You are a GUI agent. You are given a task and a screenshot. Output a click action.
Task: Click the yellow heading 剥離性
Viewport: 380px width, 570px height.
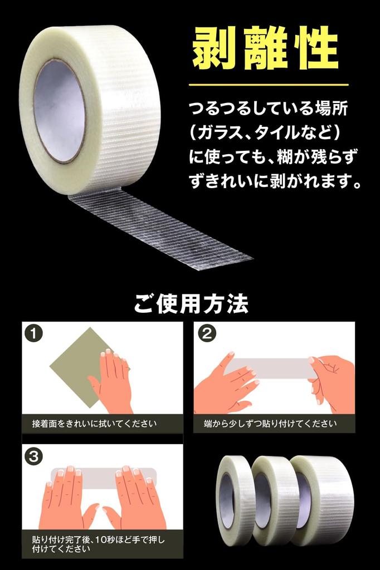pyautogui.click(x=265, y=48)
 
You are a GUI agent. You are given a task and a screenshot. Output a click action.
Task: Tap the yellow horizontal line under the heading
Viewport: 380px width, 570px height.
pyautogui.click(x=268, y=85)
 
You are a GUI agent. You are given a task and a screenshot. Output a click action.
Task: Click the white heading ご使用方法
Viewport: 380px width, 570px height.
pyautogui.click(x=191, y=304)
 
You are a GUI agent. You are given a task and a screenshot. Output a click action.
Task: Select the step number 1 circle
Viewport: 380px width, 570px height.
pyautogui.click(x=33, y=333)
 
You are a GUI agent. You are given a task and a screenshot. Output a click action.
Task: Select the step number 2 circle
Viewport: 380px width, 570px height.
pyautogui.click(x=207, y=333)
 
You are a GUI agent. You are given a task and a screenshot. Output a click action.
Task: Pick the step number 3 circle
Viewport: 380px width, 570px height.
pyautogui.click(x=33, y=456)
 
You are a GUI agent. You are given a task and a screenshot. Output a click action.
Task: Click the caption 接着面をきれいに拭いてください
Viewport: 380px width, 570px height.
pyautogui.click(x=95, y=424)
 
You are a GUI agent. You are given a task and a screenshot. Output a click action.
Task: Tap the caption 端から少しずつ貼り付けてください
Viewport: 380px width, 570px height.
pyautogui.click(x=270, y=424)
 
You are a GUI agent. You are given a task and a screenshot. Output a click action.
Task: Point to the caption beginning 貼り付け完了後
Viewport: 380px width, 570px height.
pyautogui.click(x=98, y=544)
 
